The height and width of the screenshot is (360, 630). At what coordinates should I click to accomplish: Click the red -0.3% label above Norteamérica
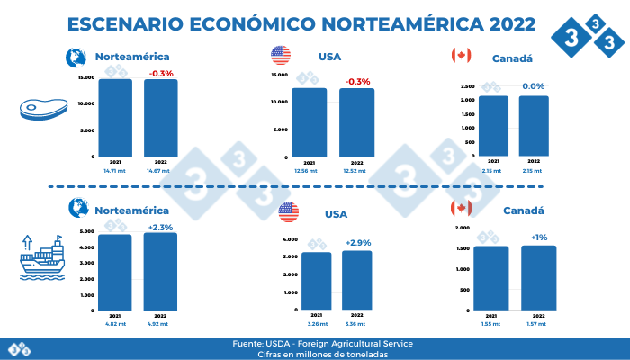click(x=161, y=73)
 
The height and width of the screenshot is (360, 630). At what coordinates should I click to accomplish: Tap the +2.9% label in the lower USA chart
click(x=357, y=244)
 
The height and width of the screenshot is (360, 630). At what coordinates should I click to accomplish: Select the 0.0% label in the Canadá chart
click(x=534, y=86)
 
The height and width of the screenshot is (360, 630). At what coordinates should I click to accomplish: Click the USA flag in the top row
click(x=281, y=56)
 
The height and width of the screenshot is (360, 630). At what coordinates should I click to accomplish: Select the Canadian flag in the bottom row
click(x=460, y=209)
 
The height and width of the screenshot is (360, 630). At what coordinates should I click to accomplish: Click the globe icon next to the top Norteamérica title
click(x=76, y=57)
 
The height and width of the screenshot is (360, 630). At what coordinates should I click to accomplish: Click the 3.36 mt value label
click(x=356, y=322)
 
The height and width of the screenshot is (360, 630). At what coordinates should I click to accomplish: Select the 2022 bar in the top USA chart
click(x=356, y=121)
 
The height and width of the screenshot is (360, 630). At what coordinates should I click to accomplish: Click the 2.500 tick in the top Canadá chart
click(x=468, y=86)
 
